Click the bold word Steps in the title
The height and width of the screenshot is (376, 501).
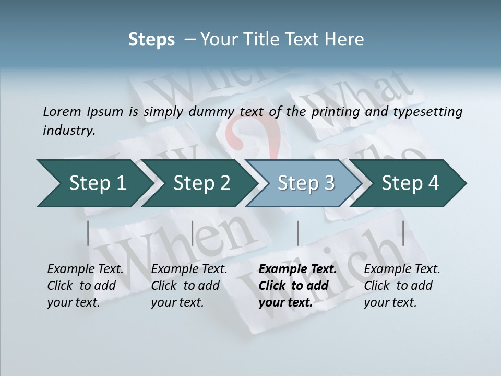click(x=151, y=40)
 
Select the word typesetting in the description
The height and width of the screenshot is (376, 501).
click(x=427, y=112)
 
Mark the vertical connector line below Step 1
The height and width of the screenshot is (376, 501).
click(x=88, y=233)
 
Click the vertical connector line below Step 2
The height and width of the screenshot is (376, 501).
click(x=193, y=233)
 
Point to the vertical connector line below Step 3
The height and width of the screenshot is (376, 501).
click(x=297, y=233)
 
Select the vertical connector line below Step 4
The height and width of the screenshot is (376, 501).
click(x=403, y=233)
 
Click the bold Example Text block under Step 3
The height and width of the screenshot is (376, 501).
click(x=296, y=286)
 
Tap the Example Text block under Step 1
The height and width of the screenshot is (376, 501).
click(x=85, y=286)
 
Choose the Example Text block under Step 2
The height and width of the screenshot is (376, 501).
click(x=188, y=286)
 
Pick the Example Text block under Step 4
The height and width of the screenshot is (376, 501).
click(x=401, y=286)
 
